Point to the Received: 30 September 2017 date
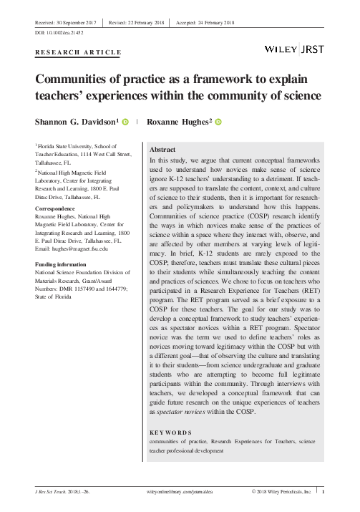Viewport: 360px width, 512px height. (x=67, y=23)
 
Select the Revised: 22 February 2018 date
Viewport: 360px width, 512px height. (x=135, y=23)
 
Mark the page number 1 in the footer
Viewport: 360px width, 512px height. (x=323, y=493)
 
